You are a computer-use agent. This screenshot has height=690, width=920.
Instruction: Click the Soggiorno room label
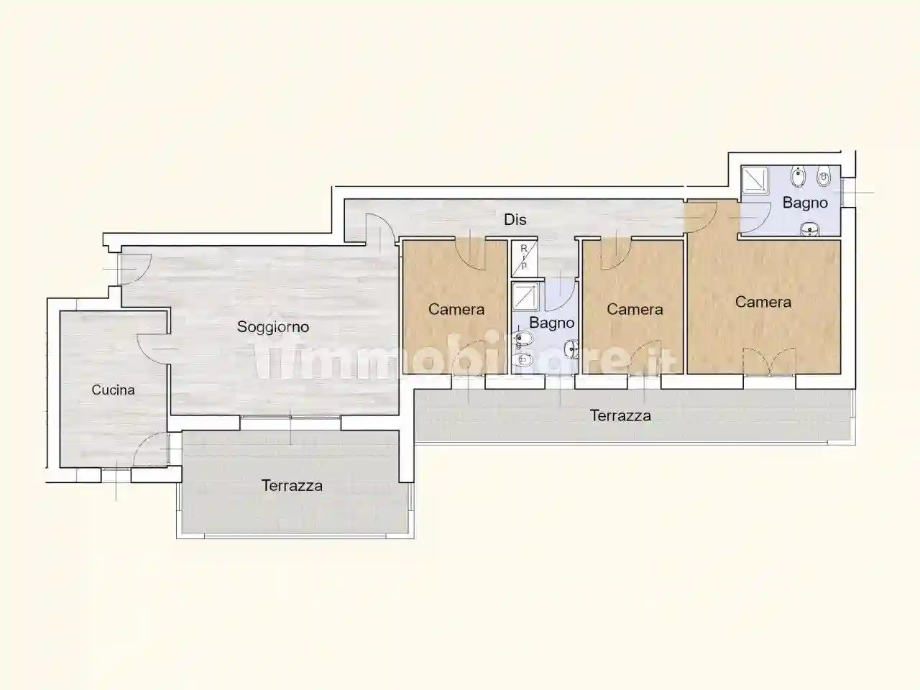pyautogui.click(x=273, y=327)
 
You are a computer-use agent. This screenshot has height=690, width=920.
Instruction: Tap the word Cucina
pyautogui.click(x=114, y=390)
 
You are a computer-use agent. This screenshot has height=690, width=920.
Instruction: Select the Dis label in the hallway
pyautogui.click(x=515, y=220)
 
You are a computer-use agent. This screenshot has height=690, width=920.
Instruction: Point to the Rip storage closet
pyautogui.click(x=524, y=257)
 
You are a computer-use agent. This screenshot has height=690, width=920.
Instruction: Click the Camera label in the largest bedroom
pyautogui.click(x=763, y=303)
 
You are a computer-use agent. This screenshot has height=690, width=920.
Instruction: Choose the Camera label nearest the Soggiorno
pyautogui.click(x=456, y=310)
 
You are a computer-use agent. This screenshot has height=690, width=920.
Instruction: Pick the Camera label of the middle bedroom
pyautogui.click(x=634, y=310)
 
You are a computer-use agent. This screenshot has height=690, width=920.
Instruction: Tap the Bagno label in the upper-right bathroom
pyautogui.click(x=805, y=203)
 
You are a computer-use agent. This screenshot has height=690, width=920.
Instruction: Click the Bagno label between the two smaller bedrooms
pyautogui.click(x=551, y=323)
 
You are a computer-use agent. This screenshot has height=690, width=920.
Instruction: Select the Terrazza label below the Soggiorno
pyautogui.click(x=292, y=486)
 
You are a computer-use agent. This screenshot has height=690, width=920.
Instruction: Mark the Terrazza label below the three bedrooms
pyautogui.click(x=620, y=415)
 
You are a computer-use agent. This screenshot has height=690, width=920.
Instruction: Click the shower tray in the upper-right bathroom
pyautogui.click(x=755, y=181)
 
